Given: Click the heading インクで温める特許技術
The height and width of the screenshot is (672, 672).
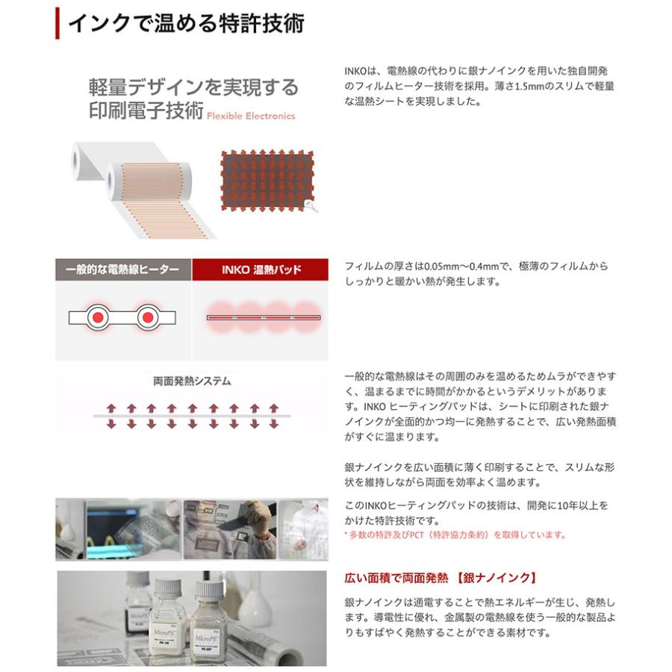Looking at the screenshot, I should [186, 23].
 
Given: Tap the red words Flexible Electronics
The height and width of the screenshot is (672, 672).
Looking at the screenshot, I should [251, 116].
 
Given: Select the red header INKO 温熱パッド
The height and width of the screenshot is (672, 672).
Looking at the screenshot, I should [259, 270].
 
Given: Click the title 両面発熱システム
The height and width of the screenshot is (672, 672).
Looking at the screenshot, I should [192, 381].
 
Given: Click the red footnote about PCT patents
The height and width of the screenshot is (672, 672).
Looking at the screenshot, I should [455, 535].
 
